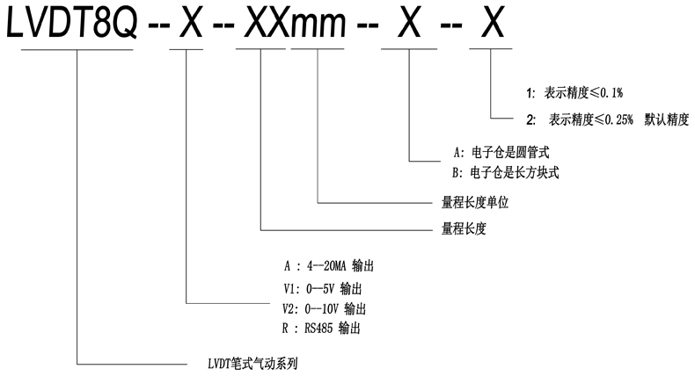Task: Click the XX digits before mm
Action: coord(263,25)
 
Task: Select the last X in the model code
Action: coord(489,25)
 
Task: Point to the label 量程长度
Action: coord(464,229)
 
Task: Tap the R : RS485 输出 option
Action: coord(322,329)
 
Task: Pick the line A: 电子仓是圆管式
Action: coord(499,152)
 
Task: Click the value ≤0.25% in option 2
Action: coord(613,119)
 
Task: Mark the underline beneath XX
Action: coord(261,49)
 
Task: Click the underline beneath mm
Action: coord(317,49)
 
